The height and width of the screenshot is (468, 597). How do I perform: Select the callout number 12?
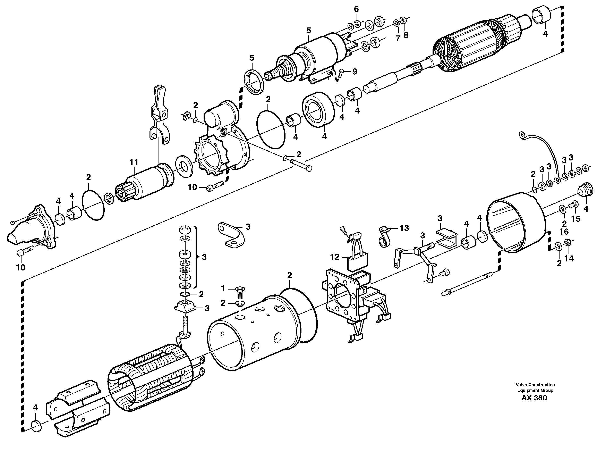click(334, 257)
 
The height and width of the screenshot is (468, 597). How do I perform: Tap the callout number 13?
click(404, 228)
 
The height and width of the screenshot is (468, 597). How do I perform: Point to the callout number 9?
click(355, 72)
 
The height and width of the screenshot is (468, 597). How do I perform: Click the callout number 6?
click(356, 9)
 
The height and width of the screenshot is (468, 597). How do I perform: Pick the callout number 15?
click(576, 219)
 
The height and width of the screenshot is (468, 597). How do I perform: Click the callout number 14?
click(569, 258)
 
